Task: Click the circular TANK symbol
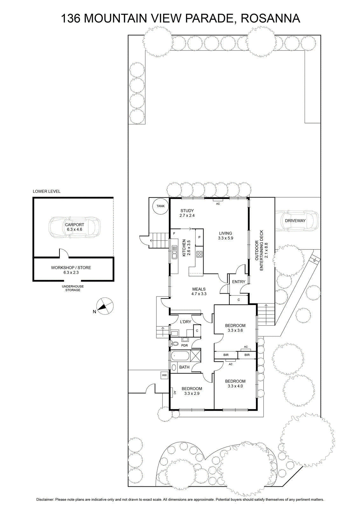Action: pos(160,206)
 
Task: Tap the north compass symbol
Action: pos(105,306)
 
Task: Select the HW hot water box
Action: pos(164,375)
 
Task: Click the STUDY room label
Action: pos(187,211)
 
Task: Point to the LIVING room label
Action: pos(225,233)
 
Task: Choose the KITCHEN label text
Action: pos(184,248)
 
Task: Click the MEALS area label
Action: pos(199,289)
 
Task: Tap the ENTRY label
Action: pos(239,282)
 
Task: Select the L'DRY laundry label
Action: pos(185,322)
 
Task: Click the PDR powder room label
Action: pos(184,345)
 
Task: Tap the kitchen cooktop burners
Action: pos(199,254)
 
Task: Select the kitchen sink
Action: pos(174,252)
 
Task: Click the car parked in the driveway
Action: pos(297,221)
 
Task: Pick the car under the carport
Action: pos(74,227)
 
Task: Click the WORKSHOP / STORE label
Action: pos(71,268)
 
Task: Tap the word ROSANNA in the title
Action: pos(270,18)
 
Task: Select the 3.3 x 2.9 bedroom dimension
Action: pos(192,393)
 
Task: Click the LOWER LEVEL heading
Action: pos(46,191)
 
